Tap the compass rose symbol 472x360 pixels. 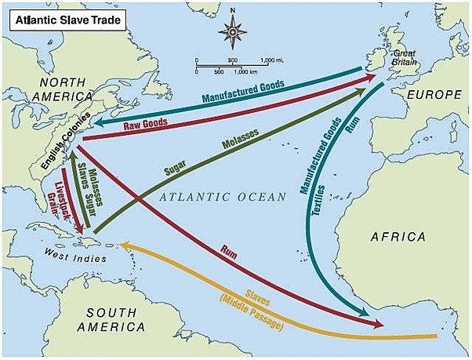(233, 32)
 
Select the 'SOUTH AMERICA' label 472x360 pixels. (110, 318)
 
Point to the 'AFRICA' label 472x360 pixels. (398, 237)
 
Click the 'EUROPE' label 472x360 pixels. (434, 94)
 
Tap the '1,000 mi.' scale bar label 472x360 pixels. (270, 60)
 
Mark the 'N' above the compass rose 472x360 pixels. (233, 12)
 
